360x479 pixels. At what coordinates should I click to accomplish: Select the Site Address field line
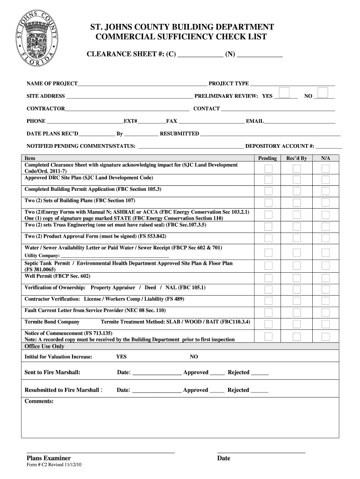[129, 97]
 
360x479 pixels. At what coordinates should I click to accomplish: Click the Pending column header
[267, 159]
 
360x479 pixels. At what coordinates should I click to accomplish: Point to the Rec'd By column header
[296, 159]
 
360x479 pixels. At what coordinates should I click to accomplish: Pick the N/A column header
[325, 159]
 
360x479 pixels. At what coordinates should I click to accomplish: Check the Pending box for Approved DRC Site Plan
[268, 180]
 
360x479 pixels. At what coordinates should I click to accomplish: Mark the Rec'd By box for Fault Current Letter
[296, 312]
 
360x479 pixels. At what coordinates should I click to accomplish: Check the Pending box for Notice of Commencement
[268, 336]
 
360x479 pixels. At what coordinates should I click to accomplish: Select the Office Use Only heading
[44, 347]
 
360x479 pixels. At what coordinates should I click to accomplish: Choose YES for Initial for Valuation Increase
[121, 357]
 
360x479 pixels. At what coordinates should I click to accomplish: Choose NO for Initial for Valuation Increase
[194, 357]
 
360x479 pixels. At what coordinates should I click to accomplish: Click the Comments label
[39, 401]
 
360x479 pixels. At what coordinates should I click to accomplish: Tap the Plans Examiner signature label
[49, 458]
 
